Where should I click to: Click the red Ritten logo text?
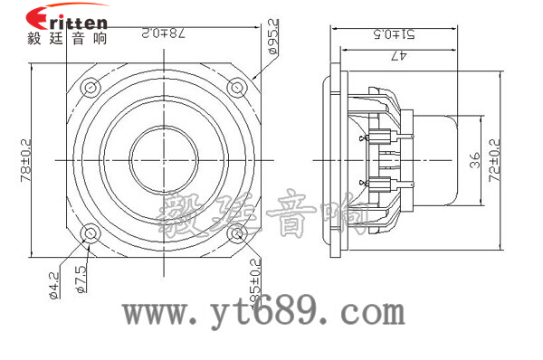(x=67, y=17)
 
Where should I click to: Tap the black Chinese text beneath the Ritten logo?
(x=67, y=38)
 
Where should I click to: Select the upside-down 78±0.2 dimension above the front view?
(x=163, y=33)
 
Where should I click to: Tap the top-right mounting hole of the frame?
(x=236, y=87)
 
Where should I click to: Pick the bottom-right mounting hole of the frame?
(x=236, y=233)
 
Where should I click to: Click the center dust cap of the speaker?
(x=163, y=160)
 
